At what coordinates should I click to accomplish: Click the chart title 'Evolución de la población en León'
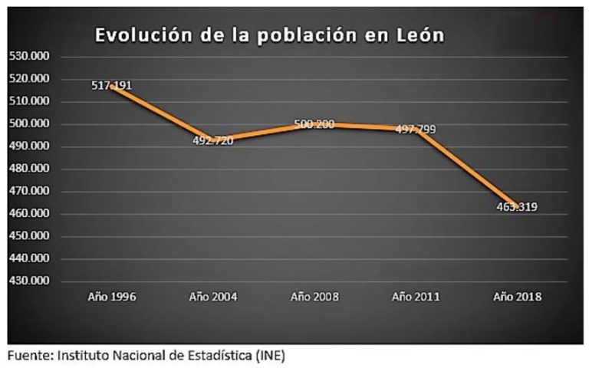[269, 35]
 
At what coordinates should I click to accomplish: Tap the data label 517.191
[111, 85]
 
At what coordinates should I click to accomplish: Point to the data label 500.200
[314, 123]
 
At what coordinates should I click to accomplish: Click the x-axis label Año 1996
[111, 297]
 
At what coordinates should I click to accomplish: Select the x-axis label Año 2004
[212, 297]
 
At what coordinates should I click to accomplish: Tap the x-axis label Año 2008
[314, 297]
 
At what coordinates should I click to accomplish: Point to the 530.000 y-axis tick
[30, 56]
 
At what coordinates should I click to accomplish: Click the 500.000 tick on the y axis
[30, 123]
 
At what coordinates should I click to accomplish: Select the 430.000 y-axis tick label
[30, 281]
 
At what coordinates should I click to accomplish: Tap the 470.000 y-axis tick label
[30, 191]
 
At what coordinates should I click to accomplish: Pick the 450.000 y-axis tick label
[30, 235]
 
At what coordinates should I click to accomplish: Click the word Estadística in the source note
[217, 356]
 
